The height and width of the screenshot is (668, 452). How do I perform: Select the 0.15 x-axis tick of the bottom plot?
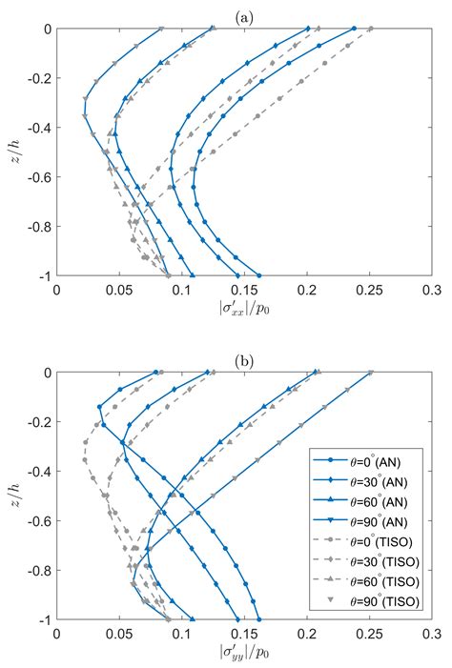coord(244,634)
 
